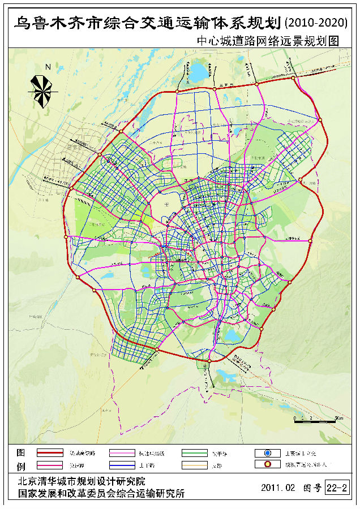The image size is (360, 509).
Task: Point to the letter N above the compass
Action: pyautogui.click(x=48, y=67)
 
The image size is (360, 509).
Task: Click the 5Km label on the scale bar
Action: pyautogui.click(x=338, y=417)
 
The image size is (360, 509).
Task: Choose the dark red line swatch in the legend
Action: pyautogui.click(x=50, y=453)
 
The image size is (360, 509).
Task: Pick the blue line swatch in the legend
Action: pyautogui.click(x=122, y=465)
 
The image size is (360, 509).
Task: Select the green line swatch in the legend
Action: pyautogui.click(x=195, y=453)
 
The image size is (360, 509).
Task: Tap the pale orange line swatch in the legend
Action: pyautogui.click(x=195, y=465)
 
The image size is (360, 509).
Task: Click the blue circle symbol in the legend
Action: pyautogui.click(x=268, y=453)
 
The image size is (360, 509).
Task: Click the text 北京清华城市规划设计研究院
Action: pyautogui.click(x=82, y=481)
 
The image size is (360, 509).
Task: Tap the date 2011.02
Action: pyautogui.click(x=278, y=488)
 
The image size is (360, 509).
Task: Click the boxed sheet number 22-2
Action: pyautogui.click(x=337, y=488)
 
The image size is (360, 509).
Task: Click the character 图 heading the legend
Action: pyautogui.click(x=20, y=453)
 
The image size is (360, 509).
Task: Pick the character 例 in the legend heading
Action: pyautogui.click(x=20, y=465)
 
